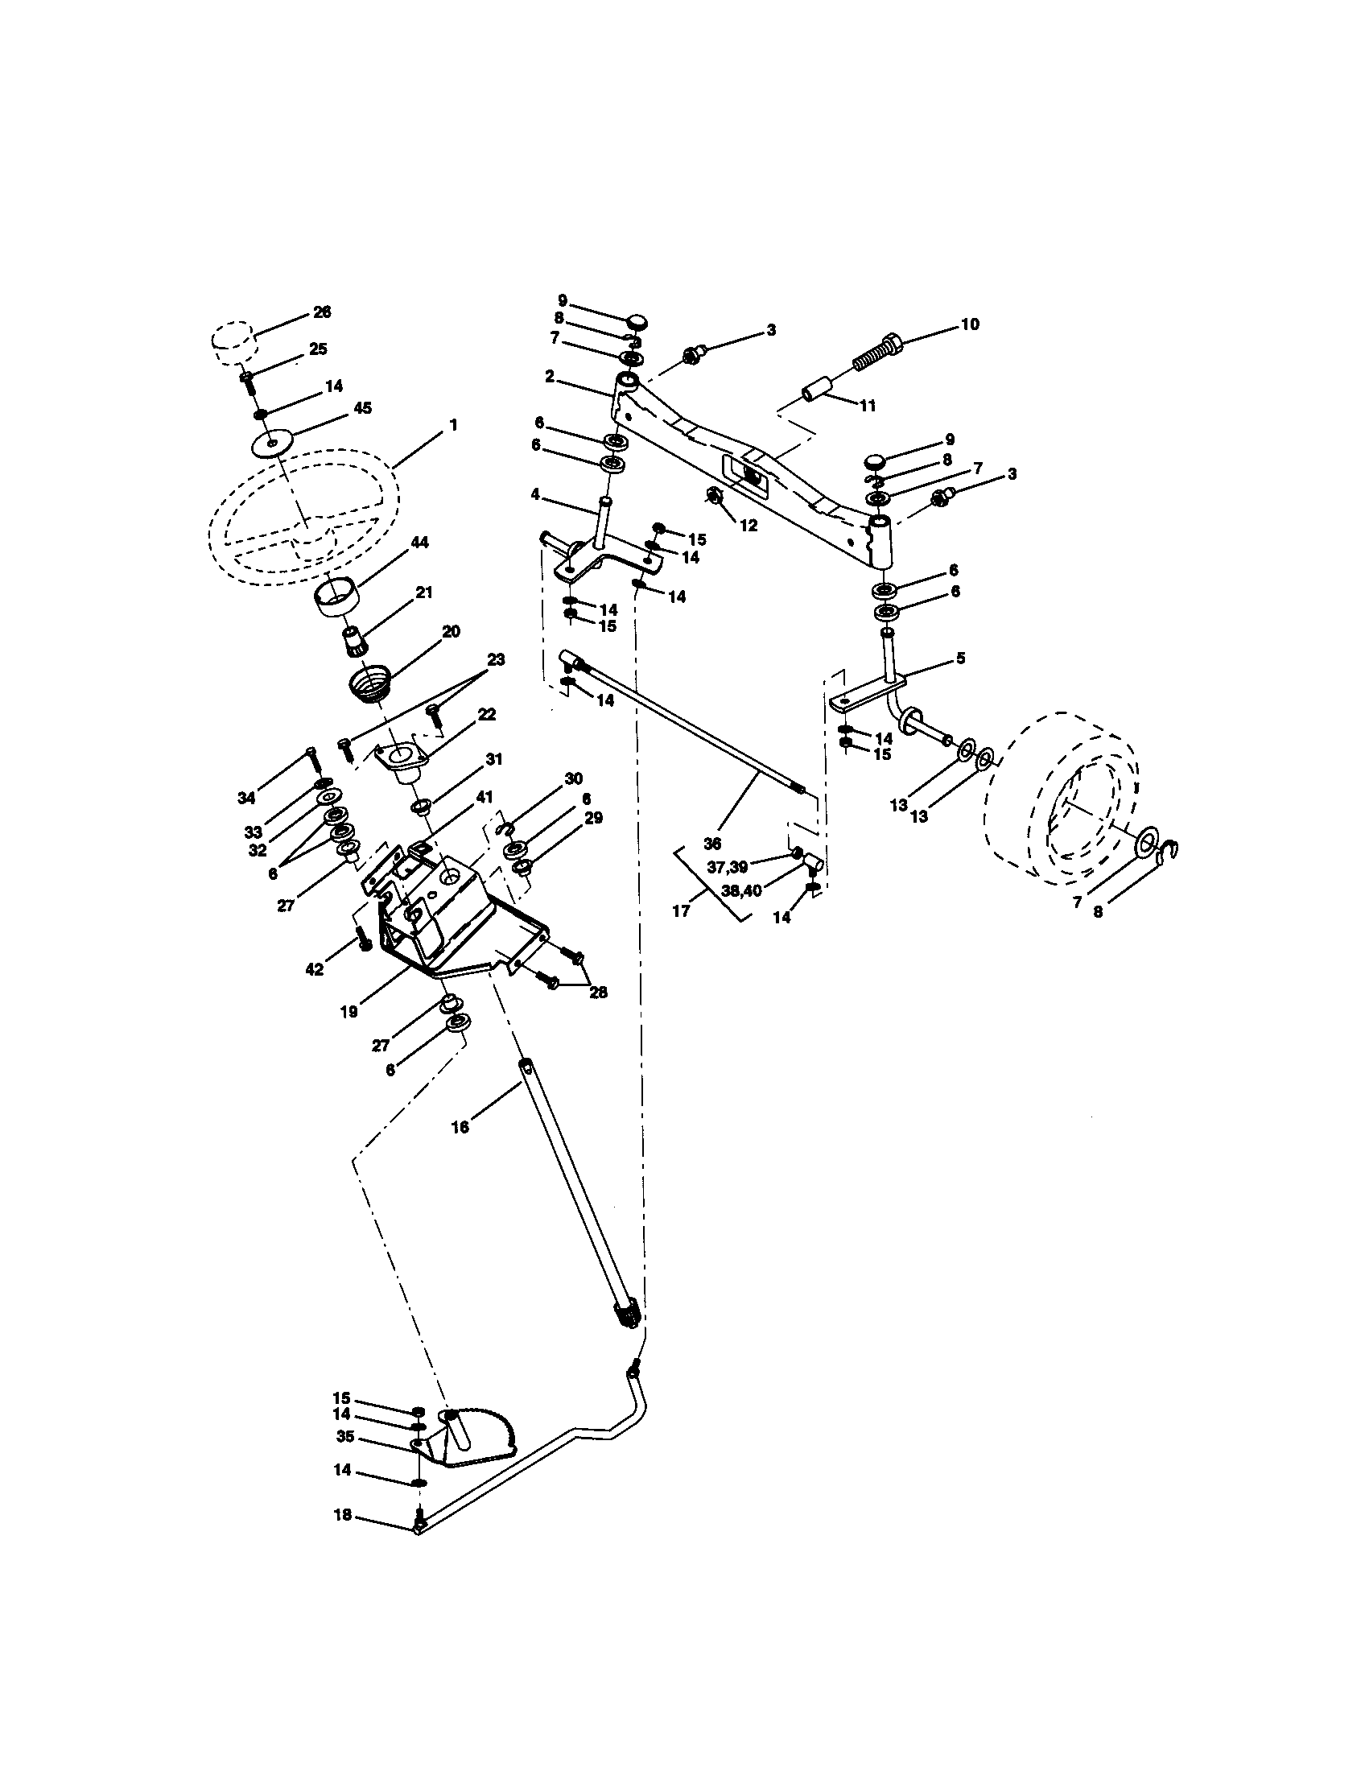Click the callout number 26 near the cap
pyautogui.click(x=322, y=312)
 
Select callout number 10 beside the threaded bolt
pyautogui.click(x=970, y=324)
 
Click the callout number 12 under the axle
pyautogui.click(x=748, y=526)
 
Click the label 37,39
pyautogui.click(x=727, y=867)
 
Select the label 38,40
pyautogui.click(x=740, y=890)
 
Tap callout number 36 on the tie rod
pyautogui.click(x=711, y=819)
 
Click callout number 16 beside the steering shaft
pyautogui.click(x=460, y=1127)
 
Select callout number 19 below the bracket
pyautogui.click(x=348, y=1012)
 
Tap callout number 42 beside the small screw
pyautogui.click(x=315, y=968)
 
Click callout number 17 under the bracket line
pyautogui.click(x=681, y=910)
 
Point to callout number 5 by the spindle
pyautogui.click(x=960, y=658)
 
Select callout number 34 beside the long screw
pyautogui.click(x=246, y=798)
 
